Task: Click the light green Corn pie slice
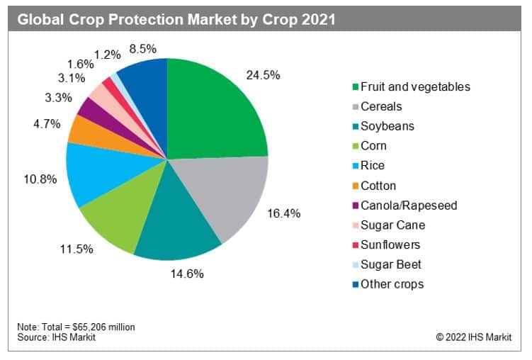pos(120,212)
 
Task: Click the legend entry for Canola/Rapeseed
pos(409,206)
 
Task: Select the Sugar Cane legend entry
pos(392,225)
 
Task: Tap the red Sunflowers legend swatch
pos(353,245)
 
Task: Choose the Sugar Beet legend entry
pos(392,264)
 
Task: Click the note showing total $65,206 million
pos(76,327)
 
